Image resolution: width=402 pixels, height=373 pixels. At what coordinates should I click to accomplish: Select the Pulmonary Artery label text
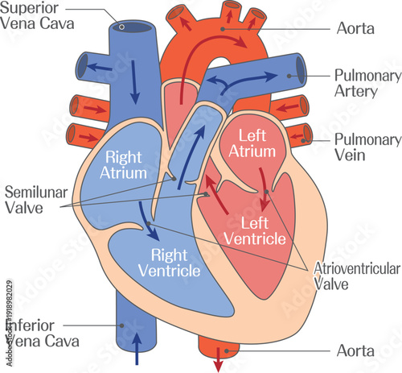[x=367, y=83]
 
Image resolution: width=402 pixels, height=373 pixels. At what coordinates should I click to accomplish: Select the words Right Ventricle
[x=168, y=263]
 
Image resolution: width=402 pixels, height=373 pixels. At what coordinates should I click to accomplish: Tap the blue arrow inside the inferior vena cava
[x=135, y=350]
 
